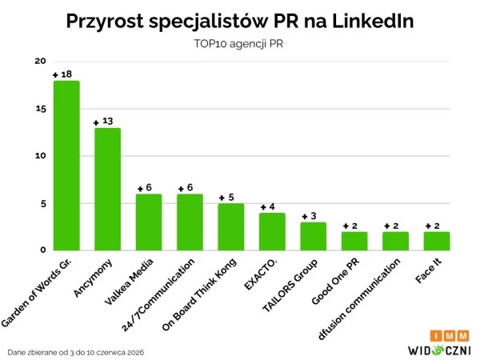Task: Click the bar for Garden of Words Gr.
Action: coord(66,166)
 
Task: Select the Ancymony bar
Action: coord(107,189)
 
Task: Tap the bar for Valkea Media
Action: coord(149,222)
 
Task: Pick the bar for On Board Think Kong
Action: coord(231,227)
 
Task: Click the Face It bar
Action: coord(437,242)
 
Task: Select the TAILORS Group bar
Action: coord(313,236)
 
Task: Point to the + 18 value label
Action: coord(62,74)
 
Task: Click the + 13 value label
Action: coord(103,122)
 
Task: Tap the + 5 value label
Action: coord(226,198)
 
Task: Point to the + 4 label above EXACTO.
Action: coord(267,207)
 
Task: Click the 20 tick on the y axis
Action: coord(40,61)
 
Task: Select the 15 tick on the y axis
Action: coord(41,109)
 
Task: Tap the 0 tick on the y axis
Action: coord(43,250)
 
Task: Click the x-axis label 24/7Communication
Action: coord(158,295)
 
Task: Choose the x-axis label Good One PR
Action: coord(335,282)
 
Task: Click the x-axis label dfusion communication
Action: coord(359,299)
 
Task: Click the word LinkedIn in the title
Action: coord(373,21)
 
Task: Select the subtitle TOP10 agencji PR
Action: coord(238,44)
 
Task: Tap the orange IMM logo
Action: coord(450,336)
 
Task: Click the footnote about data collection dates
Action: coord(76,352)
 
